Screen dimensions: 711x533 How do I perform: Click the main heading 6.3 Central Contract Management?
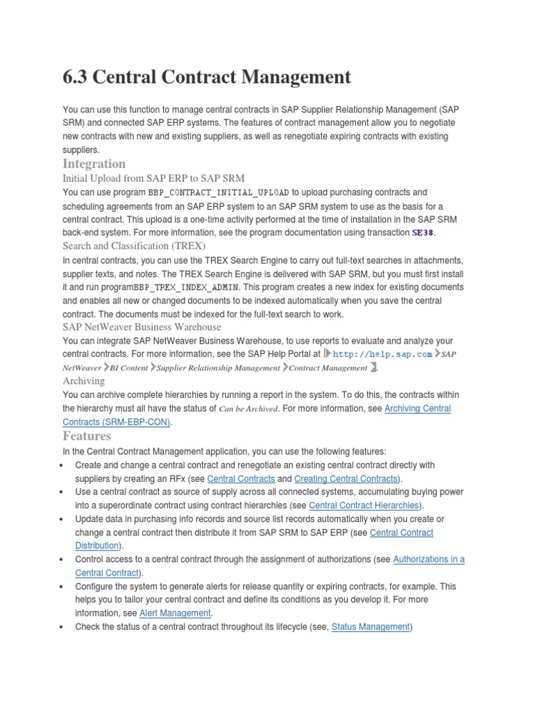[207, 78]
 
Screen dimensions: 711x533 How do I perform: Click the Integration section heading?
[94, 164]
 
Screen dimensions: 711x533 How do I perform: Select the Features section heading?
[87, 436]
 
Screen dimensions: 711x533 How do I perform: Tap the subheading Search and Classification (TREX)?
[134, 246]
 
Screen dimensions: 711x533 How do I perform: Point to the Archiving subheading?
[84, 381]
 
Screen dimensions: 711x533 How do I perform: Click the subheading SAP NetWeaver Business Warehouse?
[142, 327]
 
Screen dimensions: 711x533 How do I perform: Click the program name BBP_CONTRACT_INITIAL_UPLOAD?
[219, 192]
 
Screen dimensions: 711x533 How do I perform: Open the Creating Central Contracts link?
[346, 479]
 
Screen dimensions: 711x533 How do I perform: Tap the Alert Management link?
[175, 614]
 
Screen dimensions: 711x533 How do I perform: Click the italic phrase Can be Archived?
[250, 409]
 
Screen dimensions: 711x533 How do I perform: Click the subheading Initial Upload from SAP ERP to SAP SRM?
[153, 178]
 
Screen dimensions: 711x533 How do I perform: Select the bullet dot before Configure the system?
[63, 587]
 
